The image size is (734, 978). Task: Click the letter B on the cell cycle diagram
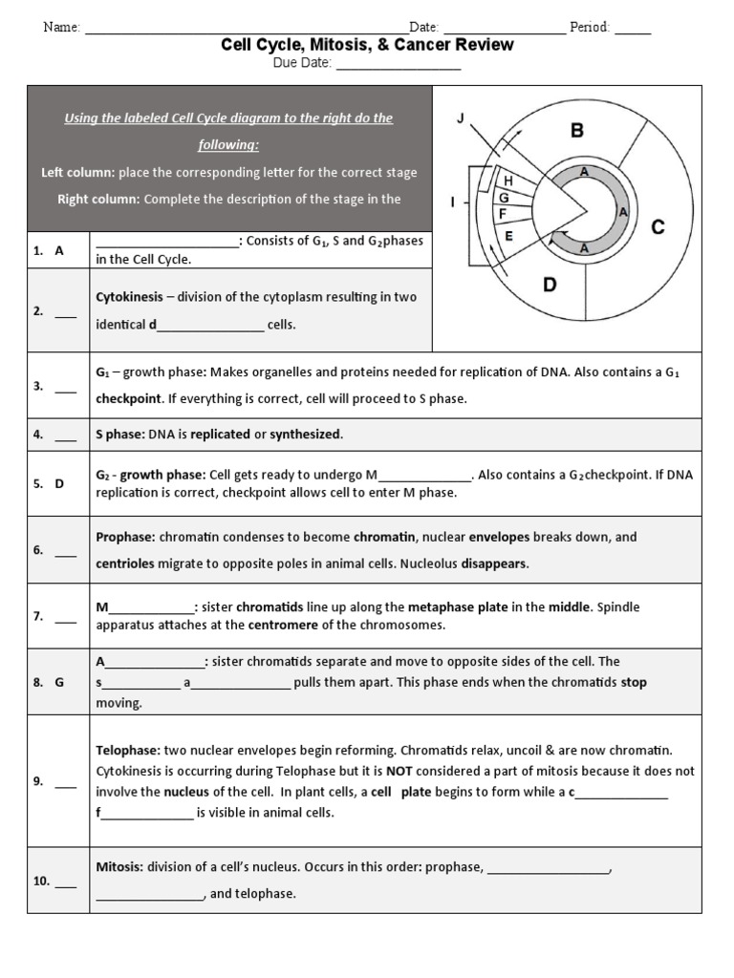coord(576,130)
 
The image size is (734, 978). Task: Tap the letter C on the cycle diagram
coord(658,227)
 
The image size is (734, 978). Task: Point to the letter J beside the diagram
coord(460,118)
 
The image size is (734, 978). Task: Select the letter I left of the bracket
coord(452,202)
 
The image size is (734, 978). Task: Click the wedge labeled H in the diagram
coord(508,180)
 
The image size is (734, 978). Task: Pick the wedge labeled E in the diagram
coord(508,236)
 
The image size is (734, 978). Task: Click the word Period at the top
coord(590,28)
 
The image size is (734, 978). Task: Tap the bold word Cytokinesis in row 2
coord(129,297)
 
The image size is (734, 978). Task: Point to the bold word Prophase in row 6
coord(125,537)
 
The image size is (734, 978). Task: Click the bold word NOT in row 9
coord(399,770)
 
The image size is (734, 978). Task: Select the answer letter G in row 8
coord(59,682)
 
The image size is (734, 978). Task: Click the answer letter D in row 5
coord(59,483)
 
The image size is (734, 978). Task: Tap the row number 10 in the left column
coord(41,882)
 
